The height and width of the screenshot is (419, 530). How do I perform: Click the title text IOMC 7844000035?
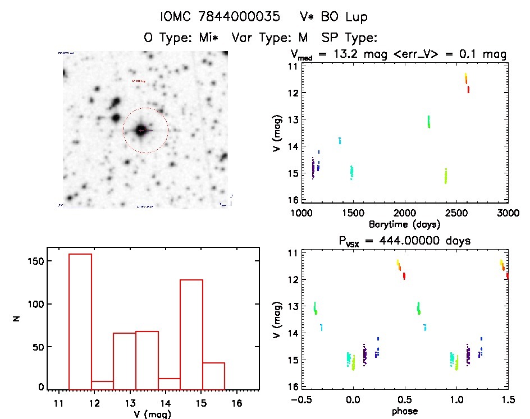coord(220,17)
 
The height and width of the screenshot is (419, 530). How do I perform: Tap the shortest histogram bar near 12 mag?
coord(102,385)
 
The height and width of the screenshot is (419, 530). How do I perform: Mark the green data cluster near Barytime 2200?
coord(429,122)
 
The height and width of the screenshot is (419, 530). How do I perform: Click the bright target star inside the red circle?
coord(141,130)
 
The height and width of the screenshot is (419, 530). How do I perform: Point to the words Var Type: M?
coord(272,38)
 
